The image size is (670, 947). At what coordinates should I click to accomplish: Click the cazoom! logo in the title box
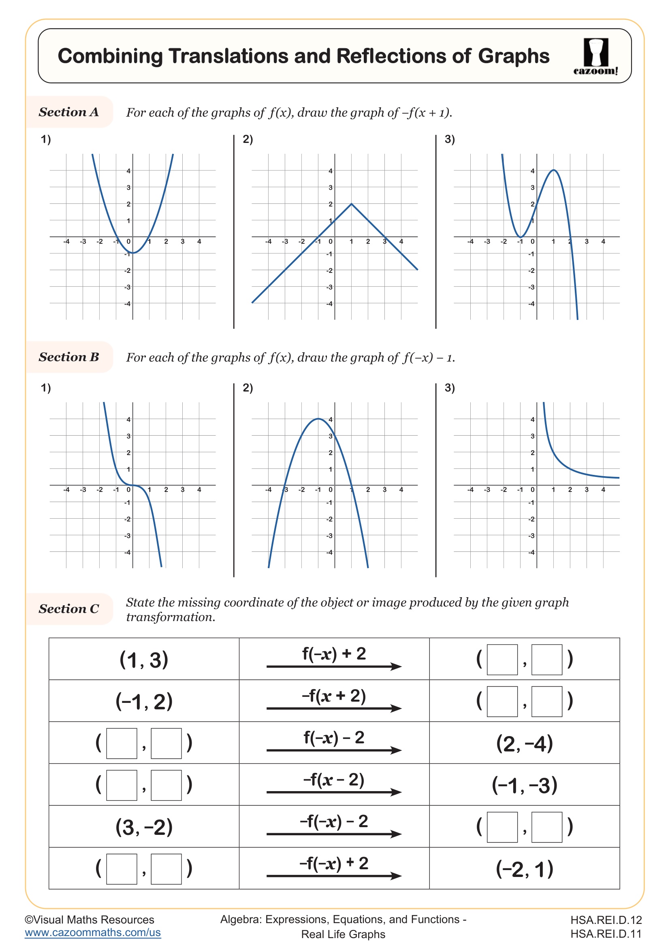click(595, 57)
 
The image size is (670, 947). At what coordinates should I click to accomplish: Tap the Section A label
click(69, 112)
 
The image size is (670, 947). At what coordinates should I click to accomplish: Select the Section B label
click(69, 357)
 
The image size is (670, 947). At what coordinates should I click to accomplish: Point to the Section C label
click(69, 609)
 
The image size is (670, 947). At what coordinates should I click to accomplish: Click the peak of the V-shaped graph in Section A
click(351, 204)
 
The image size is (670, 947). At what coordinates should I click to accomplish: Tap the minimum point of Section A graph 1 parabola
click(133, 253)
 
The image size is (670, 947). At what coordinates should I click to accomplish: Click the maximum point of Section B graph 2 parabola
click(318, 419)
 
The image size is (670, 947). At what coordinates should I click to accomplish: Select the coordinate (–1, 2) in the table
click(144, 702)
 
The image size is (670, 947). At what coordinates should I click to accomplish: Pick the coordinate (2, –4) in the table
click(524, 744)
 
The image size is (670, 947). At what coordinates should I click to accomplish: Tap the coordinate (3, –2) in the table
click(144, 828)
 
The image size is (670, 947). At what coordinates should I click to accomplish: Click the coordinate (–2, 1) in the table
click(524, 869)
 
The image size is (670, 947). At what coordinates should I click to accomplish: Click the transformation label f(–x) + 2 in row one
click(334, 654)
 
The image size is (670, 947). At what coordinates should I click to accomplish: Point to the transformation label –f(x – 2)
click(334, 779)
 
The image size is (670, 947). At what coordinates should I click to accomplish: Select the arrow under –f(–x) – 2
click(334, 834)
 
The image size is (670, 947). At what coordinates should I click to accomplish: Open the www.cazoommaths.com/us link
click(93, 932)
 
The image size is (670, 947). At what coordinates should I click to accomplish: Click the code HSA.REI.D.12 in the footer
click(606, 920)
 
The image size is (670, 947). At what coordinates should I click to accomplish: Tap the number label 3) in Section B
click(450, 388)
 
